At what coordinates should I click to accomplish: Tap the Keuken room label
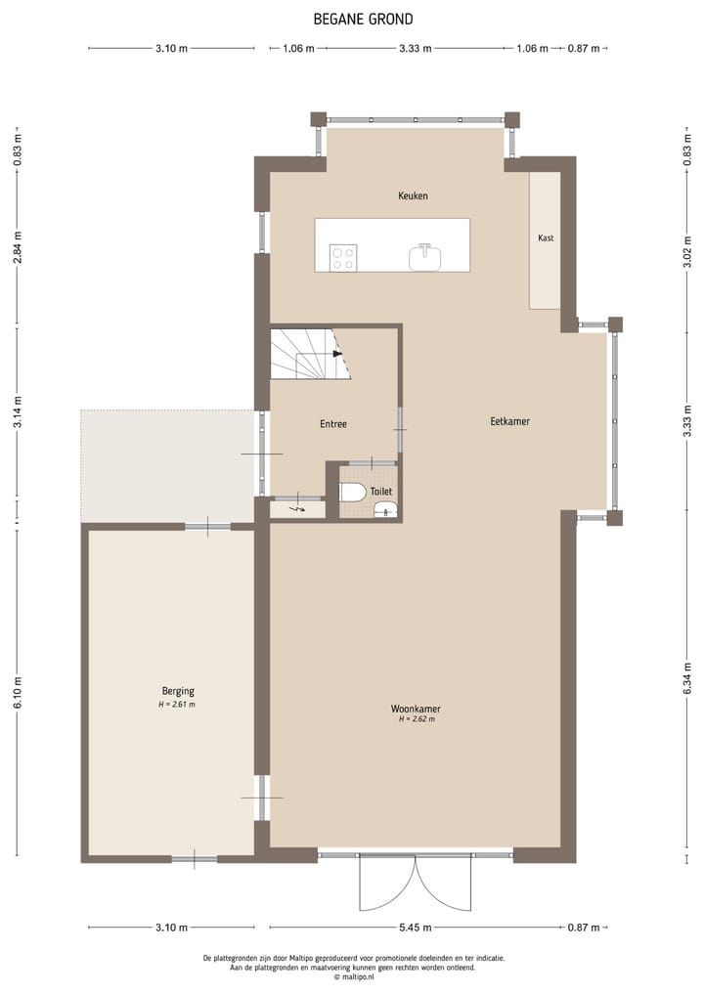click(x=413, y=195)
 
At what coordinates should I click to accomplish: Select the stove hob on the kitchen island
click(x=343, y=258)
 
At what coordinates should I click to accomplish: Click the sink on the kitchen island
click(x=425, y=257)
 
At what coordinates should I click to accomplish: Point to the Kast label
click(x=546, y=238)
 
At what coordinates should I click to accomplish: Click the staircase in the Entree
click(x=309, y=354)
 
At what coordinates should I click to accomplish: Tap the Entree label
click(x=333, y=424)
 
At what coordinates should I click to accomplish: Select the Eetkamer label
click(x=509, y=421)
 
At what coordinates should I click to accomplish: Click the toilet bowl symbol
click(x=353, y=492)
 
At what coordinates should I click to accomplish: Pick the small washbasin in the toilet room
click(x=385, y=508)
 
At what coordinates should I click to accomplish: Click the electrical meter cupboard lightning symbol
click(x=298, y=508)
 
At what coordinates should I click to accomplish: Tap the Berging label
click(x=178, y=691)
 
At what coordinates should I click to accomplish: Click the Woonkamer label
click(x=416, y=708)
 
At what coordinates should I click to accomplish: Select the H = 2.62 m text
click(x=416, y=719)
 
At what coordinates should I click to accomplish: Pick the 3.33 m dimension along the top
click(x=416, y=48)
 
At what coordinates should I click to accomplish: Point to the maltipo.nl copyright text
click(x=352, y=976)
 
